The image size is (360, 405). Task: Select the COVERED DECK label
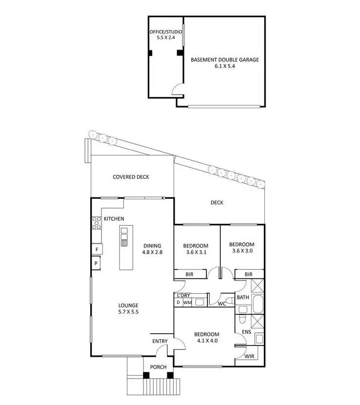131,177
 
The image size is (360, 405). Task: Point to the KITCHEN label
114,219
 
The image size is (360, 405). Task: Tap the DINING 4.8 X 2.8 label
152,249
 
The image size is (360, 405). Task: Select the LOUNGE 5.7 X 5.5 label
128,309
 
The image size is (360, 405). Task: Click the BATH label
242,297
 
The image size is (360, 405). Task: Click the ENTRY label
160,341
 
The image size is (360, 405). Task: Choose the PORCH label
158,367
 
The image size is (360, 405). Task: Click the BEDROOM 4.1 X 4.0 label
207,337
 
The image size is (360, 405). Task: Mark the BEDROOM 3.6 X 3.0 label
241,248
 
